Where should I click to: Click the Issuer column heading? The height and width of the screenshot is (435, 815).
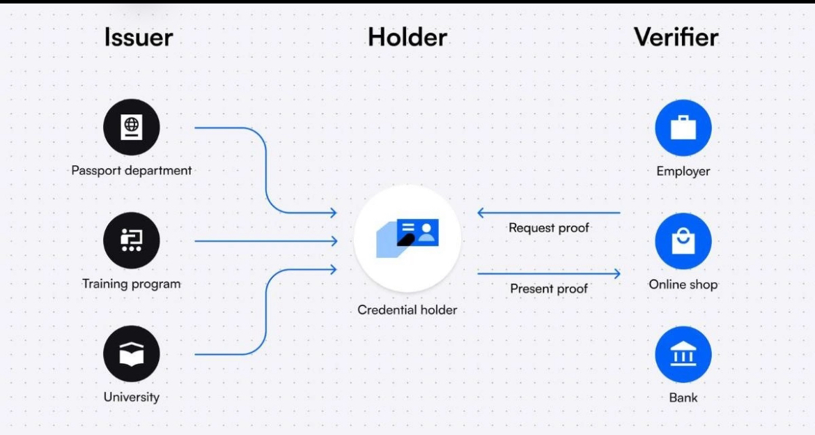(x=139, y=38)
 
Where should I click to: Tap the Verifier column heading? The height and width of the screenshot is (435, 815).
(x=676, y=38)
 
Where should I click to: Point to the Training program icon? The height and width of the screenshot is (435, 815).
(x=132, y=241)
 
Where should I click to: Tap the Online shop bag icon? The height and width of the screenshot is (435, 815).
(x=683, y=241)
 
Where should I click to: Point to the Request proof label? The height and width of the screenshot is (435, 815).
(x=549, y=228)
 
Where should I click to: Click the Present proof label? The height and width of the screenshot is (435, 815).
(x=549, y=287)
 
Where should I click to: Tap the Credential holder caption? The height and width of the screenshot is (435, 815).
(x=407, y=310)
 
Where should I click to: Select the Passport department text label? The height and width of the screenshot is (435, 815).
(x=132, y=171)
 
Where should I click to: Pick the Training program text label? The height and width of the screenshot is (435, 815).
(x=132, y=284)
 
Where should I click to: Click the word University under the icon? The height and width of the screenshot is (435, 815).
(x=132, y=398)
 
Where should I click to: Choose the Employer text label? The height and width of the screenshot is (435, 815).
(x=683, y=171)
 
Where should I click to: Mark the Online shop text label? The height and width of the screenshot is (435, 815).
(x=683, y=284)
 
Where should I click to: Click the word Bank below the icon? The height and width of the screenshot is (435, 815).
(x=683, y=398)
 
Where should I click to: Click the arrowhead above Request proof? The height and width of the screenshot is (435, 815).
(x=481, y=213)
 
